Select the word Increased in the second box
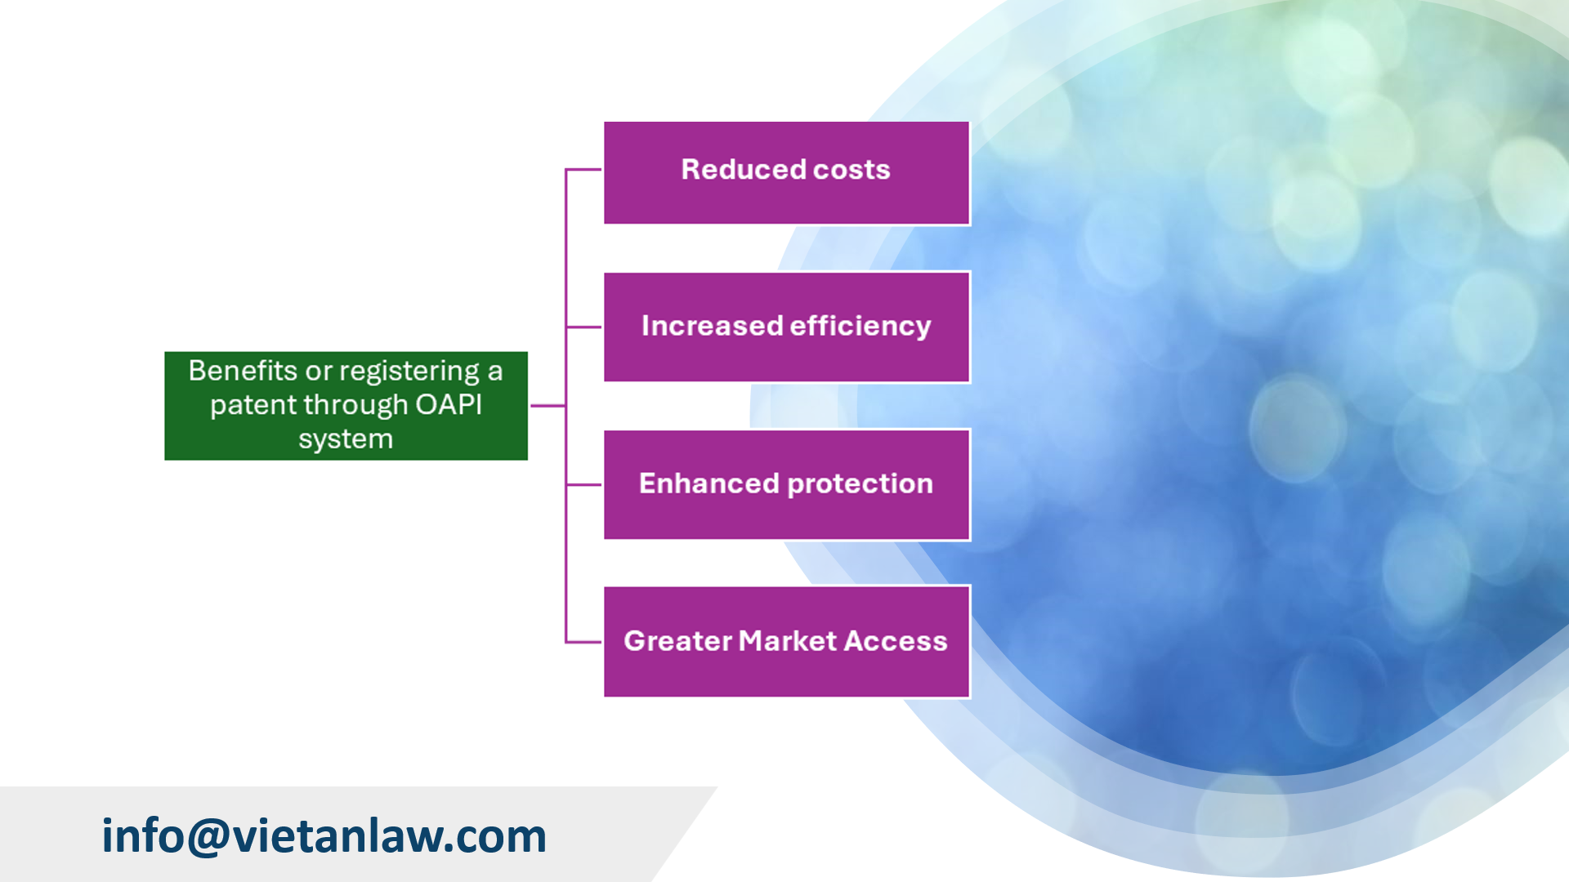(x=713, y=326)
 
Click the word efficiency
(x=860, y=326)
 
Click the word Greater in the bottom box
(x=677, y=641)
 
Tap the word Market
(x=788, y=641)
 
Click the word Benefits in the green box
(x=243, y=371)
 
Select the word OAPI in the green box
(x=449, y=405)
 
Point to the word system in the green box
(x=346, y=439)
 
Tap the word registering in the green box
(x=409, y=372)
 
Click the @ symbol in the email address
(x=209, y=836)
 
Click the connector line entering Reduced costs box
(x=583, y=170)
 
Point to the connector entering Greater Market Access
(x=583, y=642)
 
